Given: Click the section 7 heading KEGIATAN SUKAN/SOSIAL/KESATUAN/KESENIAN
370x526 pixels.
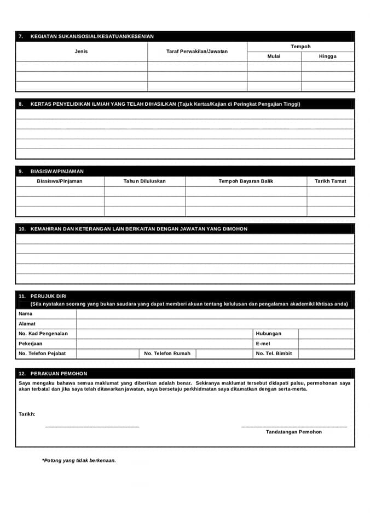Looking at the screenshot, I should click(92, 36).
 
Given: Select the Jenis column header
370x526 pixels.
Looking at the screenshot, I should click(81, 52).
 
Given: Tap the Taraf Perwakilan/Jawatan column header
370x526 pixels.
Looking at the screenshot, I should click(197, 52).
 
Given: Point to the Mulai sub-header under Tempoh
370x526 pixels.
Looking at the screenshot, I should click(274, 56).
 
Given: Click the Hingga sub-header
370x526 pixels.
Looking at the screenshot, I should click(328, 56).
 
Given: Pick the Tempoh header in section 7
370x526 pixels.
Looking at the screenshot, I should click(300, 47).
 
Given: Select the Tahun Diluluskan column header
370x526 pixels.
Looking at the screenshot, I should click(144, 181).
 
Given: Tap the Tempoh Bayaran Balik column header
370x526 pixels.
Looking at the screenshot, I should click(246, 181).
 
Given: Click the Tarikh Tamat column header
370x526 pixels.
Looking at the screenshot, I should click(331, 181).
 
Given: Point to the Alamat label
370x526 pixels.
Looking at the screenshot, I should click(27, 324).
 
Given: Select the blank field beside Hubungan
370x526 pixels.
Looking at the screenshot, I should click(326, 334).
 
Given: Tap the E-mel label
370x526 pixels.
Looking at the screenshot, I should click(263, 344).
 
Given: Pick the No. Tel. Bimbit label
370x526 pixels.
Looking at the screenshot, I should click(274, 353).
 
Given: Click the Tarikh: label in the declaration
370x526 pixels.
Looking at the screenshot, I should click(27, 414).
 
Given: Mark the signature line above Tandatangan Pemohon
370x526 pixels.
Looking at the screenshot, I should click(294, 426).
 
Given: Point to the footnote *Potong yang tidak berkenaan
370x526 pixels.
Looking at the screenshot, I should click(79, 461).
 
